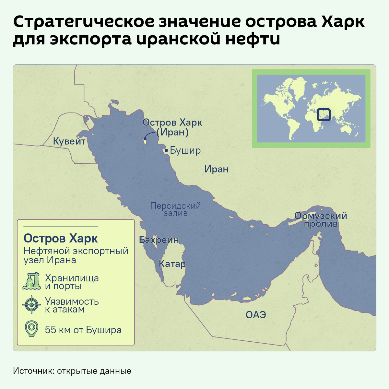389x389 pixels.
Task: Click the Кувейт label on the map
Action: (x=69, y=142)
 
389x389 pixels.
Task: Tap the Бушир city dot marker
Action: (x=166, y=150)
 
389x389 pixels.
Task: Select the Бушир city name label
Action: (x=185, y=151)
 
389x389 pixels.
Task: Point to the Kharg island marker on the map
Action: (x=145, y=140)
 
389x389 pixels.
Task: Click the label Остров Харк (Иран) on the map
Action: (x=172, y=127)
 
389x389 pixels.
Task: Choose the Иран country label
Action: (x=216, y=169)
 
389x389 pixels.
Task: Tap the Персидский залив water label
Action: (x=176, y=209)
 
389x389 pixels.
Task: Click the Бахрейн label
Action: (x=159, y=240)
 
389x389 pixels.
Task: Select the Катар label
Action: (x=172, y=264)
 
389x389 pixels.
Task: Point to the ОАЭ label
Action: (x=256, y=315)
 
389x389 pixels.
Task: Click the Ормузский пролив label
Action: (x=321, y=220)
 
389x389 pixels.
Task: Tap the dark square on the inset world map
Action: (x=324, y=114)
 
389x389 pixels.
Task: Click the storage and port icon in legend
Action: (x=31, y=281)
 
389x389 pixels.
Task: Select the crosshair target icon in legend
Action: (x=31, y=305)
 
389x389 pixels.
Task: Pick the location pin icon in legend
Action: (x=31, y=329)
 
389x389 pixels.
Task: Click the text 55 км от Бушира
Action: (x=83, y=330)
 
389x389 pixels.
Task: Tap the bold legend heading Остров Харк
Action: (x=61, y=239)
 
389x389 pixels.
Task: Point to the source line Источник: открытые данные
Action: (x=72, y=371)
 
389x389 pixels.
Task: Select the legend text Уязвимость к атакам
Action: (x=72, y=305)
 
